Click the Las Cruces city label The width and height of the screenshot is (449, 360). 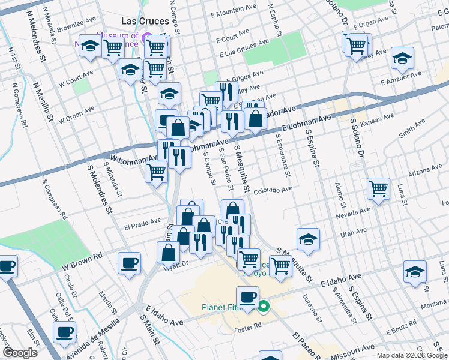pos(145,20)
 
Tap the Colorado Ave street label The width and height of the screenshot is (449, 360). pos(273,190)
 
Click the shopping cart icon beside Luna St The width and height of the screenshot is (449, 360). pos(378,188)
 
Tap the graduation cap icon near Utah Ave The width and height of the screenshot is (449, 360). pos(308,239)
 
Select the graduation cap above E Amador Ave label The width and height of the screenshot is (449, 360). pos(402,58)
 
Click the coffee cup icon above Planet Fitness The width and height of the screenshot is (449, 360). pos(247,296)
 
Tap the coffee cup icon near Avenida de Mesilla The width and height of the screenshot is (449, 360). pos(65,331)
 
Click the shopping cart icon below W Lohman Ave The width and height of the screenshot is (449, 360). pos(157,172)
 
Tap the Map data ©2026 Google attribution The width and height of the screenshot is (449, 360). pos(411,355)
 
